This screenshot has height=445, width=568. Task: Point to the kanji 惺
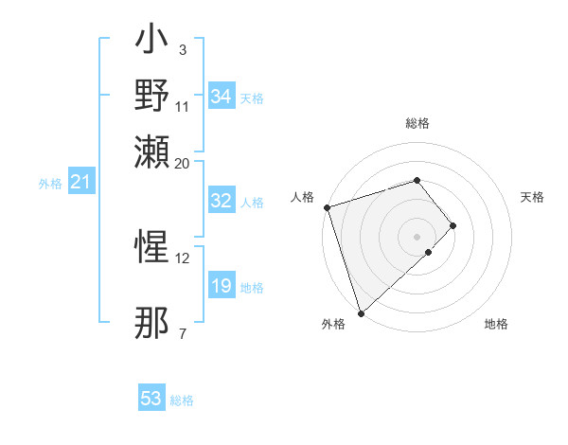152,248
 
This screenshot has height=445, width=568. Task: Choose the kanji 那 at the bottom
152,323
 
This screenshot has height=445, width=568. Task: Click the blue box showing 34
222,97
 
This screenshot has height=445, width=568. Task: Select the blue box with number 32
222,201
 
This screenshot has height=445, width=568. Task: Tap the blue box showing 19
222,286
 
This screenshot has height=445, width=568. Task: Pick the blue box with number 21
80,182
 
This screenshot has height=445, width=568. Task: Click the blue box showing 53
151,399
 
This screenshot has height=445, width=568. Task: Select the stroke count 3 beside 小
182,49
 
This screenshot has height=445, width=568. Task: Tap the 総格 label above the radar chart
417,123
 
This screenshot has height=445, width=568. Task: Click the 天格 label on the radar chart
532,197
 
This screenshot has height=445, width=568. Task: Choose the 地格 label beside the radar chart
496,325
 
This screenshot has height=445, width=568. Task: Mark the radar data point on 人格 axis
327,207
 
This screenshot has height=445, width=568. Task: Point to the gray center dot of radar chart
417,236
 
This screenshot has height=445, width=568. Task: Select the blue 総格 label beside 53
182,400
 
